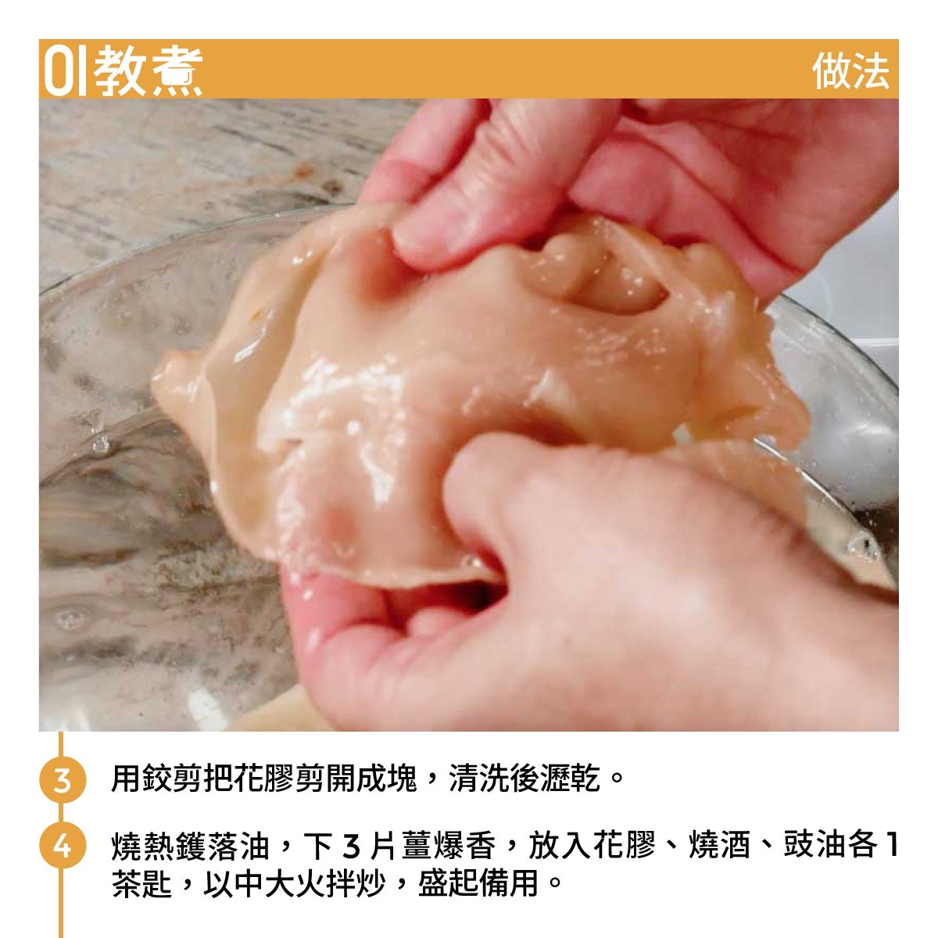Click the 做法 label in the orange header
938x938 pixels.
point(850,71)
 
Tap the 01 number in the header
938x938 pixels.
point(65,71)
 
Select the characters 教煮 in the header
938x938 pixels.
point(148,71)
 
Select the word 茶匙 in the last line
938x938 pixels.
point(142,883)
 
